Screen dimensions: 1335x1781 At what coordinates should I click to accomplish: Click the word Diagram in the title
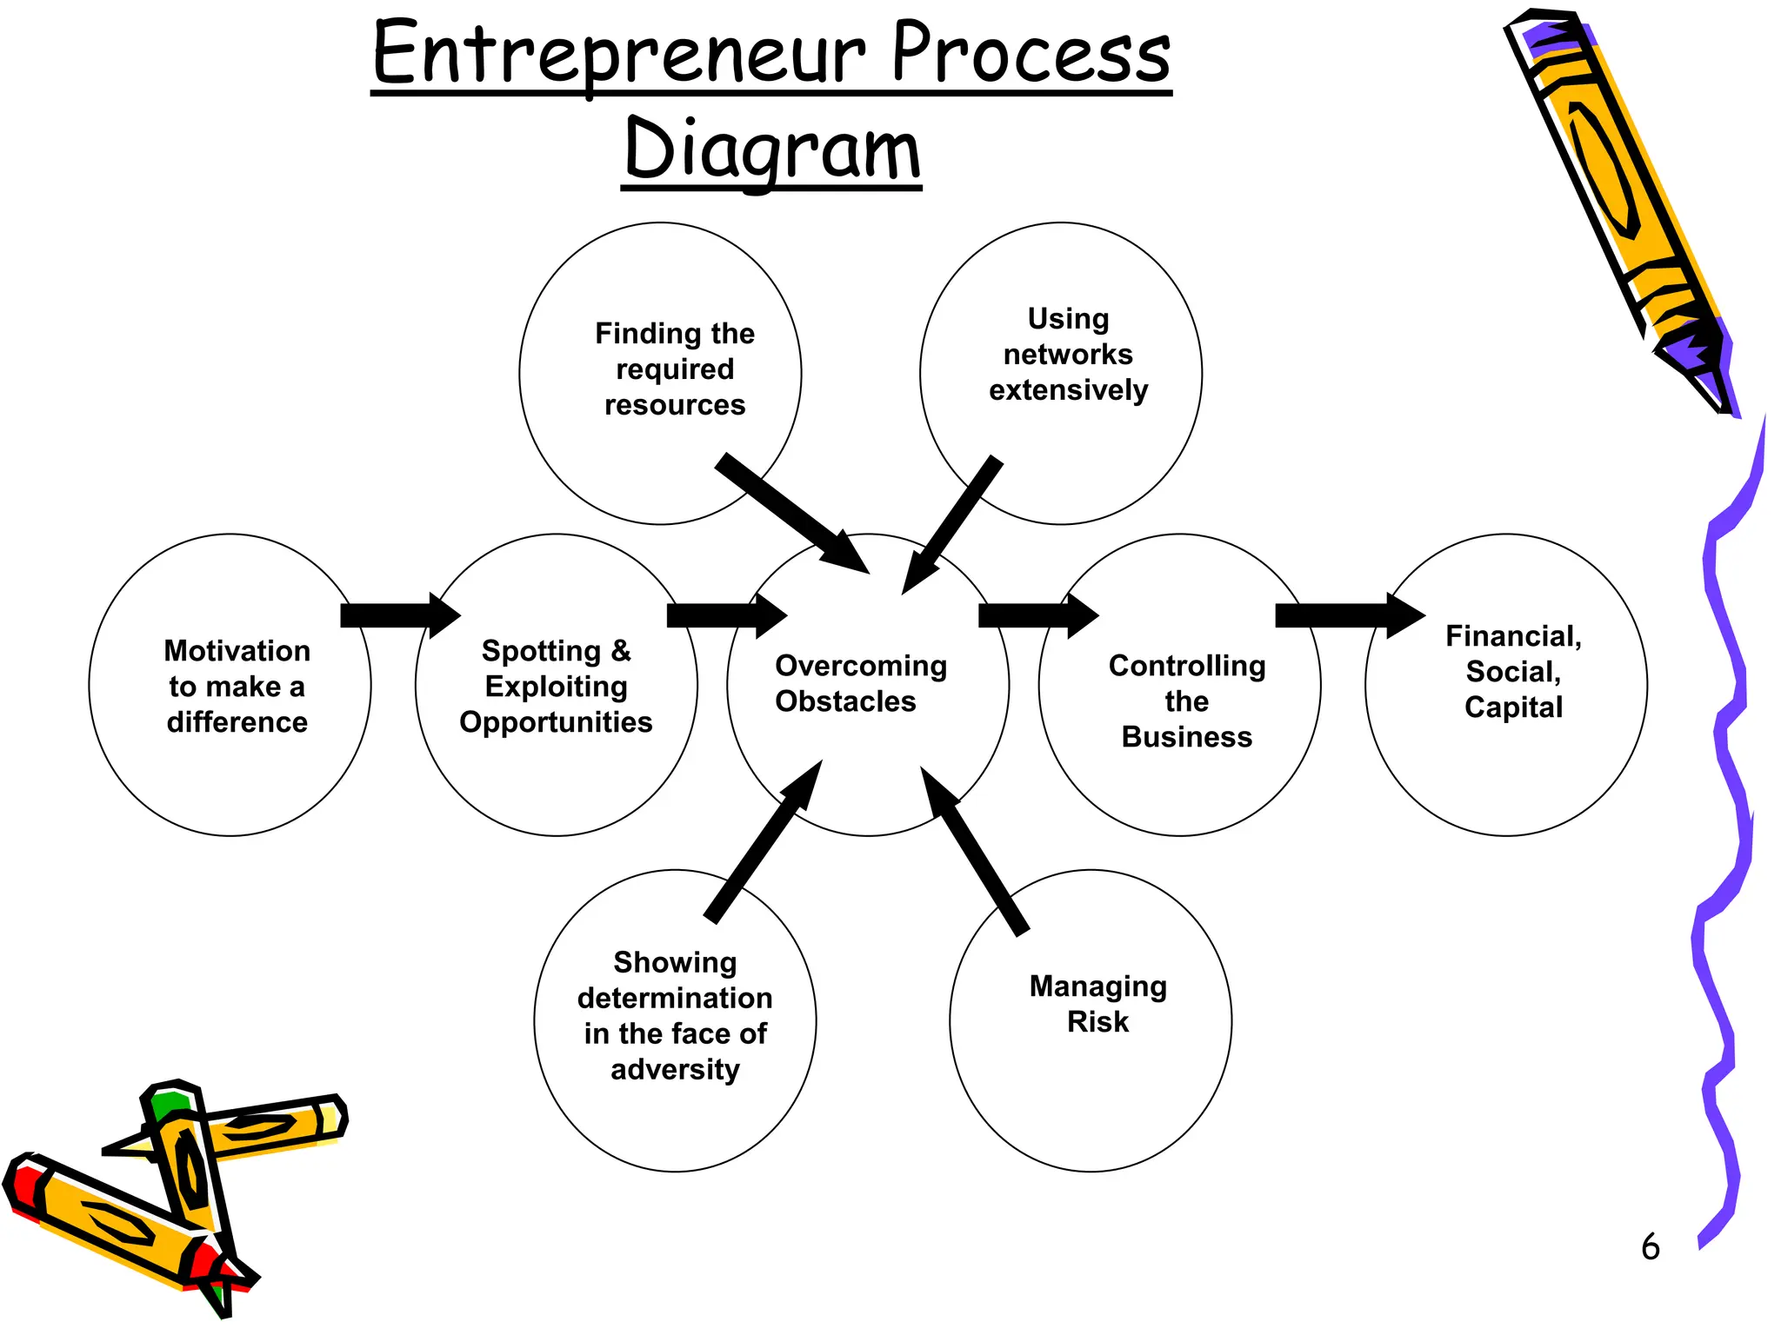tap(771, 149)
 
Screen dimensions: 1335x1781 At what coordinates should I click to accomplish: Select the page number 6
tap(1650, 1247)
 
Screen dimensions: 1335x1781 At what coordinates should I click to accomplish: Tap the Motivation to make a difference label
tap(237, 686)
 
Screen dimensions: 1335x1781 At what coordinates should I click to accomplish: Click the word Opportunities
tap(556, 722)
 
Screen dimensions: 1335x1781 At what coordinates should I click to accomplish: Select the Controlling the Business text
tap(1186, 701)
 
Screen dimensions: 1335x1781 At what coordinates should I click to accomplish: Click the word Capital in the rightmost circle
tap(1513, 707)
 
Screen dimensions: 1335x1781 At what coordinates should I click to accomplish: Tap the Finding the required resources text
tap(675, 369)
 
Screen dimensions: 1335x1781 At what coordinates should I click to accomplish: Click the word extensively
tap(1068, 390)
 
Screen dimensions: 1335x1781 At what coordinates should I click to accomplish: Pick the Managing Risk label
tap(1097, 1004)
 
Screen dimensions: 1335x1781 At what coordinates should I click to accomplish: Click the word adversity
tap(675, 1069)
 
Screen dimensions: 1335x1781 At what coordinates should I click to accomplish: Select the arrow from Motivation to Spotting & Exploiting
tap(398, 615)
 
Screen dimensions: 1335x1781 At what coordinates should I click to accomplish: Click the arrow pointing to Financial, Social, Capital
tap(1348, 615)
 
